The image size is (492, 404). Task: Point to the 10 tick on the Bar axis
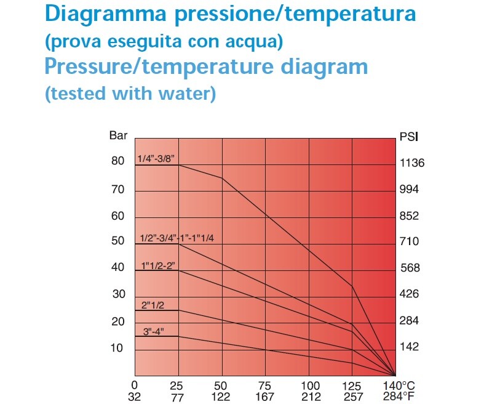pyautogui.click(x=117, y=348)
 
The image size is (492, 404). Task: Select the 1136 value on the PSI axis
pyautogui.click(x=412, y=163)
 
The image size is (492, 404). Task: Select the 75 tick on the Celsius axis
pyautogui.click(x=265, y=385)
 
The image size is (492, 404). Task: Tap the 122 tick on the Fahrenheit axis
pyautogui.click(x=221, y=397)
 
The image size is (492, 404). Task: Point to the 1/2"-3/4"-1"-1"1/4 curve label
pyautogui.click(x=177, y=238)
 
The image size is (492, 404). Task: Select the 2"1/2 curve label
pyautogui.click(x=152, y=304)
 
